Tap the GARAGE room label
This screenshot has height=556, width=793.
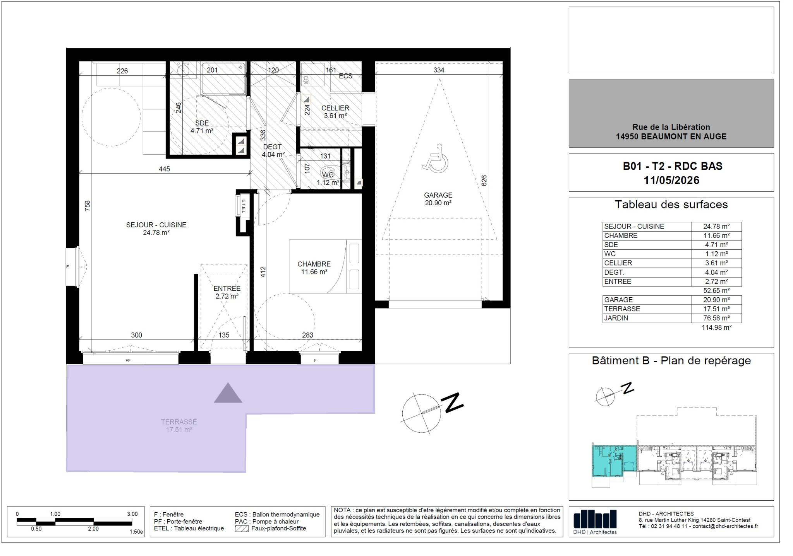438,195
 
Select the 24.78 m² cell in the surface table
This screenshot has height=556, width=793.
716,227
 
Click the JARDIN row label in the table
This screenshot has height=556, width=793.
616,318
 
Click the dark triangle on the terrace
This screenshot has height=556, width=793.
228,393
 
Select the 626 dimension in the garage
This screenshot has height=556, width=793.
484,181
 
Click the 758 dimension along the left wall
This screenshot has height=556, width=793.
88,205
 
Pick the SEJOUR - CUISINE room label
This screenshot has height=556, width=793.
156,225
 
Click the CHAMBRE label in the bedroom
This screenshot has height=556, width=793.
314,264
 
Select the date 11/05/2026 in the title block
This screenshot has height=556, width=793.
671,181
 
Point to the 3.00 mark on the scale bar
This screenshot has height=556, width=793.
132,514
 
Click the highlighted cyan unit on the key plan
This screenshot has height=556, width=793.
614,463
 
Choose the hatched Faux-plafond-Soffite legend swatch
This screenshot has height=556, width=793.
242,529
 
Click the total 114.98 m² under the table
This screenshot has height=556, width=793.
716,327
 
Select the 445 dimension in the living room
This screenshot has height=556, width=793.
164,169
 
